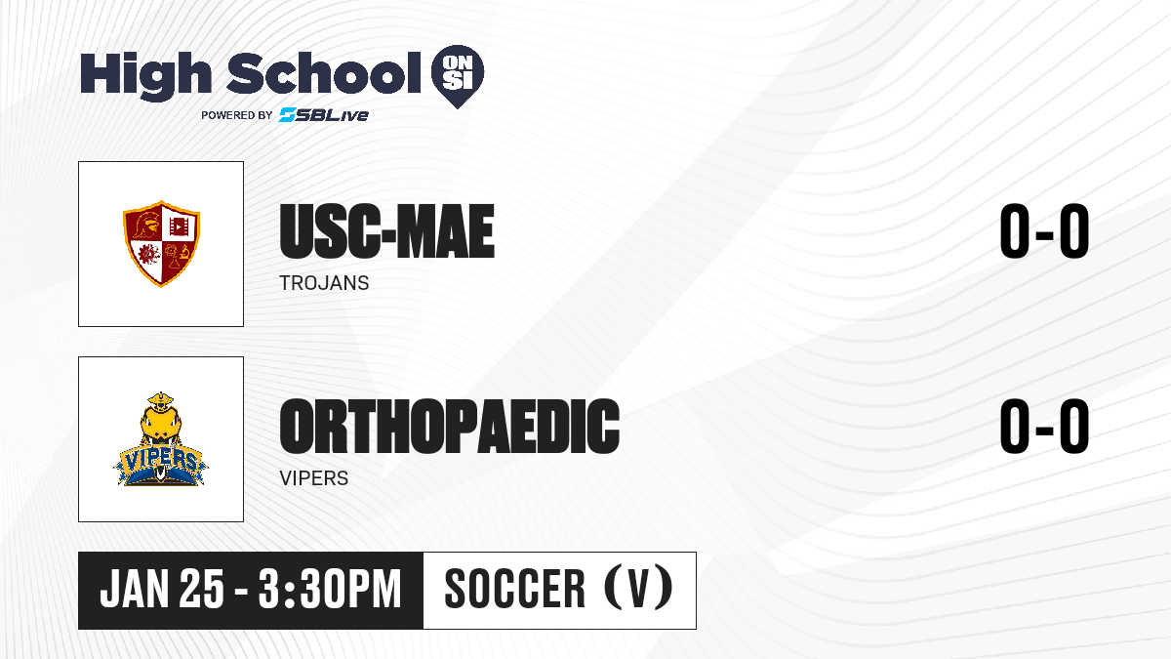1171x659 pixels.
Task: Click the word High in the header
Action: point(145,75)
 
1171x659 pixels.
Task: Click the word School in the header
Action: point(324,72)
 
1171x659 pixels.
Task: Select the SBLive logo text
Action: point(324,115)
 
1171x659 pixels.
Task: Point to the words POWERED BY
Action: point(237,115)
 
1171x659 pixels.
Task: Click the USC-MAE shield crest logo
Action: point(161,244)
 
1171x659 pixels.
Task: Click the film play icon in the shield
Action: point(179,227)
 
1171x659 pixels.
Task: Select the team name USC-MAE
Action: point(386,231)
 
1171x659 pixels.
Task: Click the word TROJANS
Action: point(324,283)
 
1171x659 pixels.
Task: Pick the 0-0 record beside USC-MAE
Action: point(1044,231)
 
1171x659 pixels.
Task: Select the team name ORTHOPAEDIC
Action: point(450,426)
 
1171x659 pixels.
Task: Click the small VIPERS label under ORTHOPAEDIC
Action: point(313,478)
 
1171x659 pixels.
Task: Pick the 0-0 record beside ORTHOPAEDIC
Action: point(1044,426)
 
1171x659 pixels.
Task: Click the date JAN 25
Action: point(162,589)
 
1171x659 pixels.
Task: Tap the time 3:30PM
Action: point(330,589)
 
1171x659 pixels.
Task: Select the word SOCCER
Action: point(515,589)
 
